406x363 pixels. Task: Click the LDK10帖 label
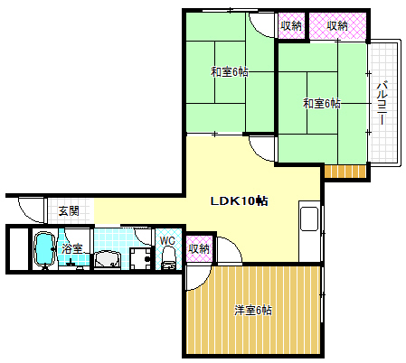239,200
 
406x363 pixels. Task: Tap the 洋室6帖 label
253,311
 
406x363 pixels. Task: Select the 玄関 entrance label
69,211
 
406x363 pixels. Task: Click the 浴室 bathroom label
72,248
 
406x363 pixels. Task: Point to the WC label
167,240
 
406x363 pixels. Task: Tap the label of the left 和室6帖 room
230,72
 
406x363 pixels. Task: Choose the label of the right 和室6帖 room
322,104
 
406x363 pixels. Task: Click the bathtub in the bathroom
44,251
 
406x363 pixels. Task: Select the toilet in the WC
168,258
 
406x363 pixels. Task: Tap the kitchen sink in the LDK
307,219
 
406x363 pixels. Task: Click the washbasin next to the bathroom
108,260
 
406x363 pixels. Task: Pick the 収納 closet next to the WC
199,248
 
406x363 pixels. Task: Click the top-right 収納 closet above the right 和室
337,26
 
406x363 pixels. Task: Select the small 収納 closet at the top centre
290,26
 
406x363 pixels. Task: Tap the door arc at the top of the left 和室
261,26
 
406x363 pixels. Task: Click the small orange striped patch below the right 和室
344,172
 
